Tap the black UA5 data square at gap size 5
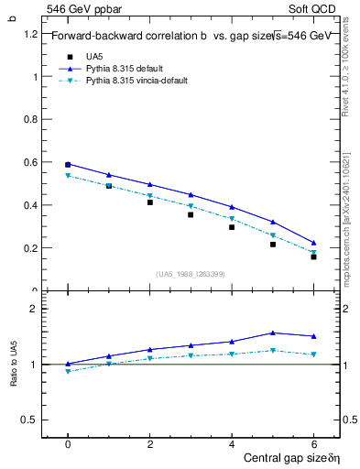tap(273, 245)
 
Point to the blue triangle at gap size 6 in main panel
tap(313, 243)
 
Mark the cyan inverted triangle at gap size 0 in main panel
tap(68, 175)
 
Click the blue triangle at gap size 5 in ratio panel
tap(273, 333)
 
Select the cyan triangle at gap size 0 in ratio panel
tap(68, 372)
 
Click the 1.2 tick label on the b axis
tap(31, 34)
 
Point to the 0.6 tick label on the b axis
tap(31, 162)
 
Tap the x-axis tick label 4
tap(232, 442)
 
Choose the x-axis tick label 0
tap(68, 442)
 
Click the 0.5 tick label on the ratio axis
tap(31, 420)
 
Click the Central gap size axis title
tap(291, 457)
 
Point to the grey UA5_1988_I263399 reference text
tap(191, 274)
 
